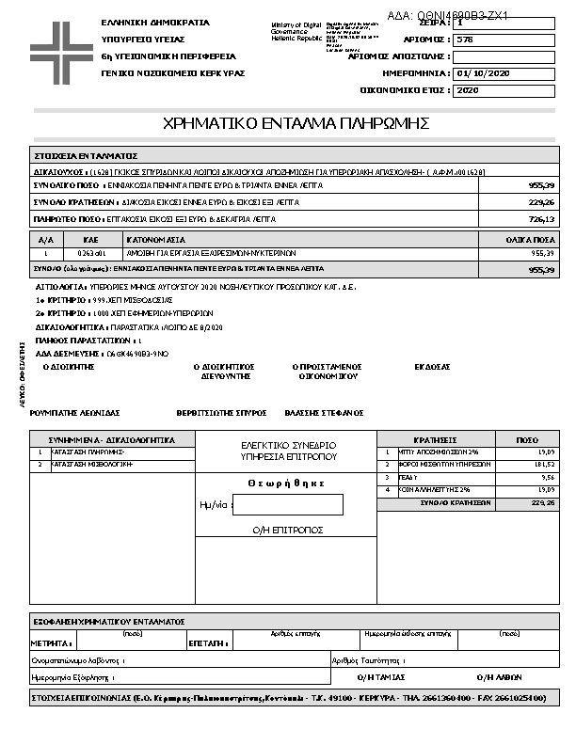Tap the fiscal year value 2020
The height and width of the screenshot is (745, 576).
click(468, 90)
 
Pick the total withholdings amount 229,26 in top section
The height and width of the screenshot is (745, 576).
click(541, 202)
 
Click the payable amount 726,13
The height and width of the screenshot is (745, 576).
click(541, 219)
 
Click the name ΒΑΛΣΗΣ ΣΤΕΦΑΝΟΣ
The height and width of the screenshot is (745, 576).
click(324, 413)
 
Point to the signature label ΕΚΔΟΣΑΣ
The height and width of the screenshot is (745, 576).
click(433, 367)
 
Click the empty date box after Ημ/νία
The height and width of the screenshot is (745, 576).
click(288, 504)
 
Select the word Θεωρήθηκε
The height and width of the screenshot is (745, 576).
click(286, 483)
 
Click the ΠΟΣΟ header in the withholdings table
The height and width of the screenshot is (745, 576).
click(528, 439)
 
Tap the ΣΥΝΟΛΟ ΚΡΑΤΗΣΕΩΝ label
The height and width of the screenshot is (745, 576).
click(456, 503)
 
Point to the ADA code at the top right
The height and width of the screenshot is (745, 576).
click(448, 16)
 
